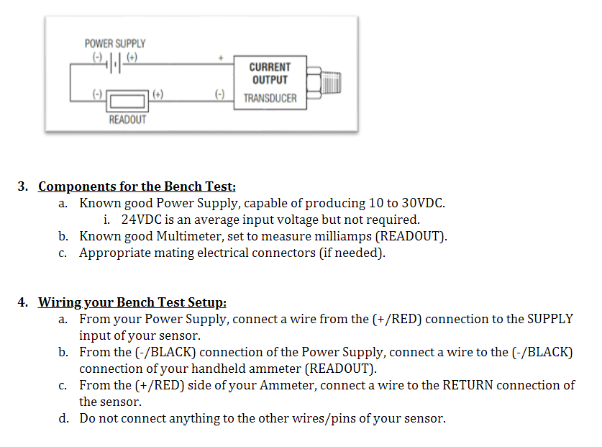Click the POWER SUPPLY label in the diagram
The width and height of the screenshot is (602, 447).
point(115,44)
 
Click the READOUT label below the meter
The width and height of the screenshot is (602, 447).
point(127,119)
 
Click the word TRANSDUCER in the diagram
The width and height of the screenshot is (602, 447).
point(270,98)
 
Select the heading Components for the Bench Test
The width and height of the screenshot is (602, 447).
point(137,186)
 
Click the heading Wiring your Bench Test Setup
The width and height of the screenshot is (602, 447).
point(132,302)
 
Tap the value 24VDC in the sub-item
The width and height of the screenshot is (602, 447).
point(141,220)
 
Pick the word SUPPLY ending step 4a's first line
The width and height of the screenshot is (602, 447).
point(550,319)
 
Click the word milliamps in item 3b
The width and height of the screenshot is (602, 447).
point(347,236)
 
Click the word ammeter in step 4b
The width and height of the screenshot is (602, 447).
point(276,369)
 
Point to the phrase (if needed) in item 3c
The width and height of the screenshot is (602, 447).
point(352,253)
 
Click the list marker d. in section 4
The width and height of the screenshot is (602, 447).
point(64,418)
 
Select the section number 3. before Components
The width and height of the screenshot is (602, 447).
point(23,186)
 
